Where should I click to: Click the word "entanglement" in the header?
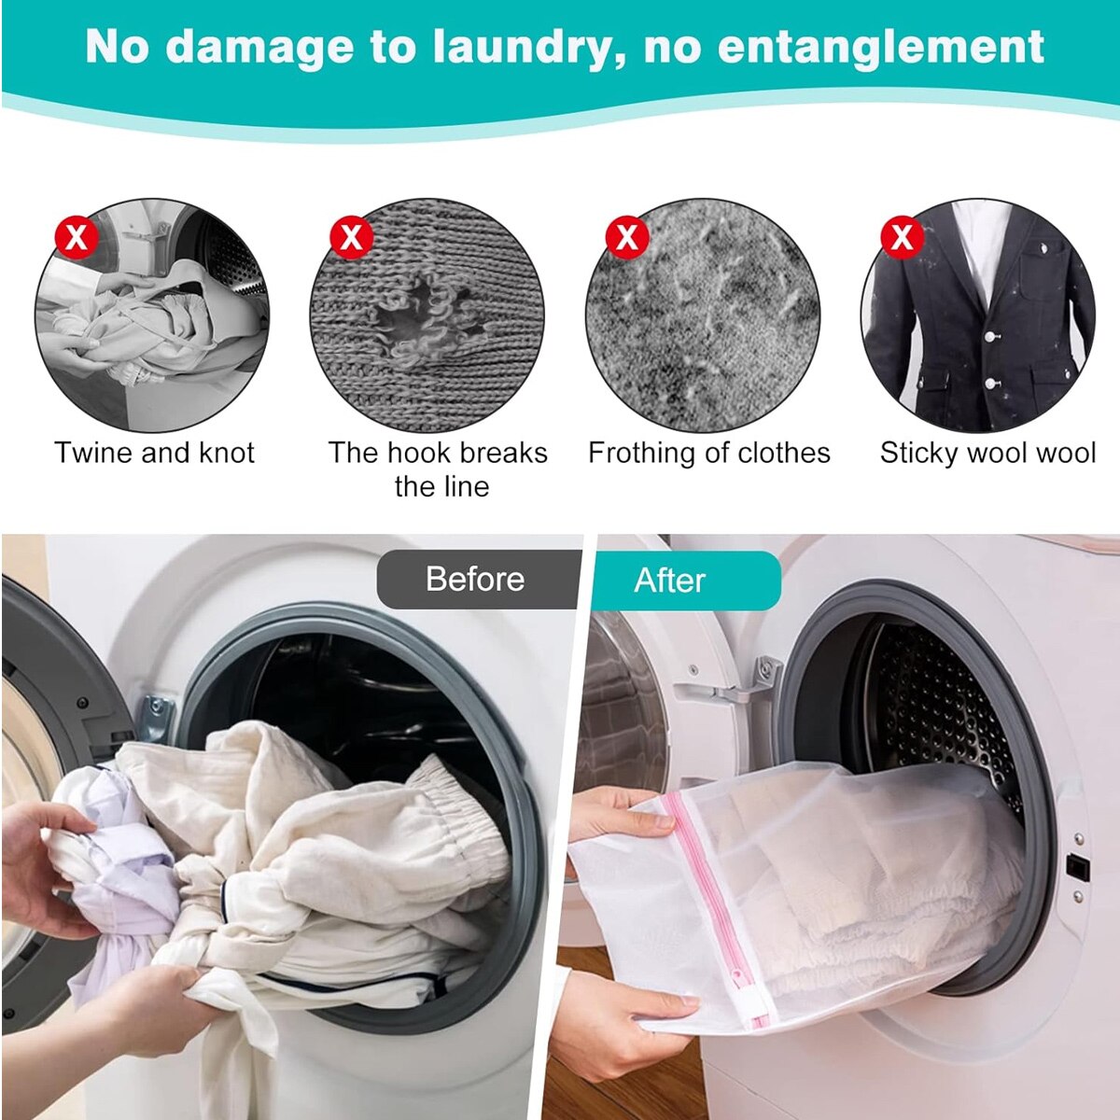[881, 48]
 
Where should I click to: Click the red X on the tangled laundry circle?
[77, 236]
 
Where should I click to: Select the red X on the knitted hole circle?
[351, 236]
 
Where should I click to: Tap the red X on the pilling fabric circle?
[626, 236]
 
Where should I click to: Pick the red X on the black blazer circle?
[902, 236]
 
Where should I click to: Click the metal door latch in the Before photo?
[157, 718]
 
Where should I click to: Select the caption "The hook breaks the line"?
[439, 469]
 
